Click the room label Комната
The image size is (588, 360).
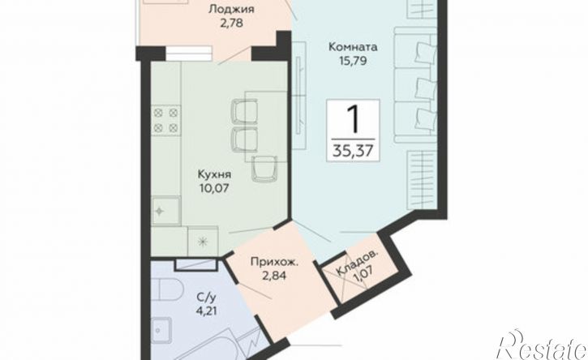click(x=353, y=47)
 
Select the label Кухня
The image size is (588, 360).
click(x=214, y=174)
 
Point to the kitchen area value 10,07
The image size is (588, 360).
click(x=214, y=187)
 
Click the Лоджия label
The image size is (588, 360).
click(x=231, y=10)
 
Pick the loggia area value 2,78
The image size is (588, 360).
click(x=231, y=23)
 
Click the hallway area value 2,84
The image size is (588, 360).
click(x=274, y=276)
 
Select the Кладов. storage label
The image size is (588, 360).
click(x=357, y=264)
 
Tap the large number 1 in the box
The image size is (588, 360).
click(x=353, y=118)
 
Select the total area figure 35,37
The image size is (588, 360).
click(x=353, y=150)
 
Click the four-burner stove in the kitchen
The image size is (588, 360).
click(x=165, y=120)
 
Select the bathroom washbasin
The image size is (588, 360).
click(x=162, y=331)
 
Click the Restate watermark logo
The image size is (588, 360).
click(x=542, y=345)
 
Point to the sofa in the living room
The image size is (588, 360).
click(x=415, y=85)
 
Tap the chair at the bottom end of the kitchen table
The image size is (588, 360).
click(x=264, y=169)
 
